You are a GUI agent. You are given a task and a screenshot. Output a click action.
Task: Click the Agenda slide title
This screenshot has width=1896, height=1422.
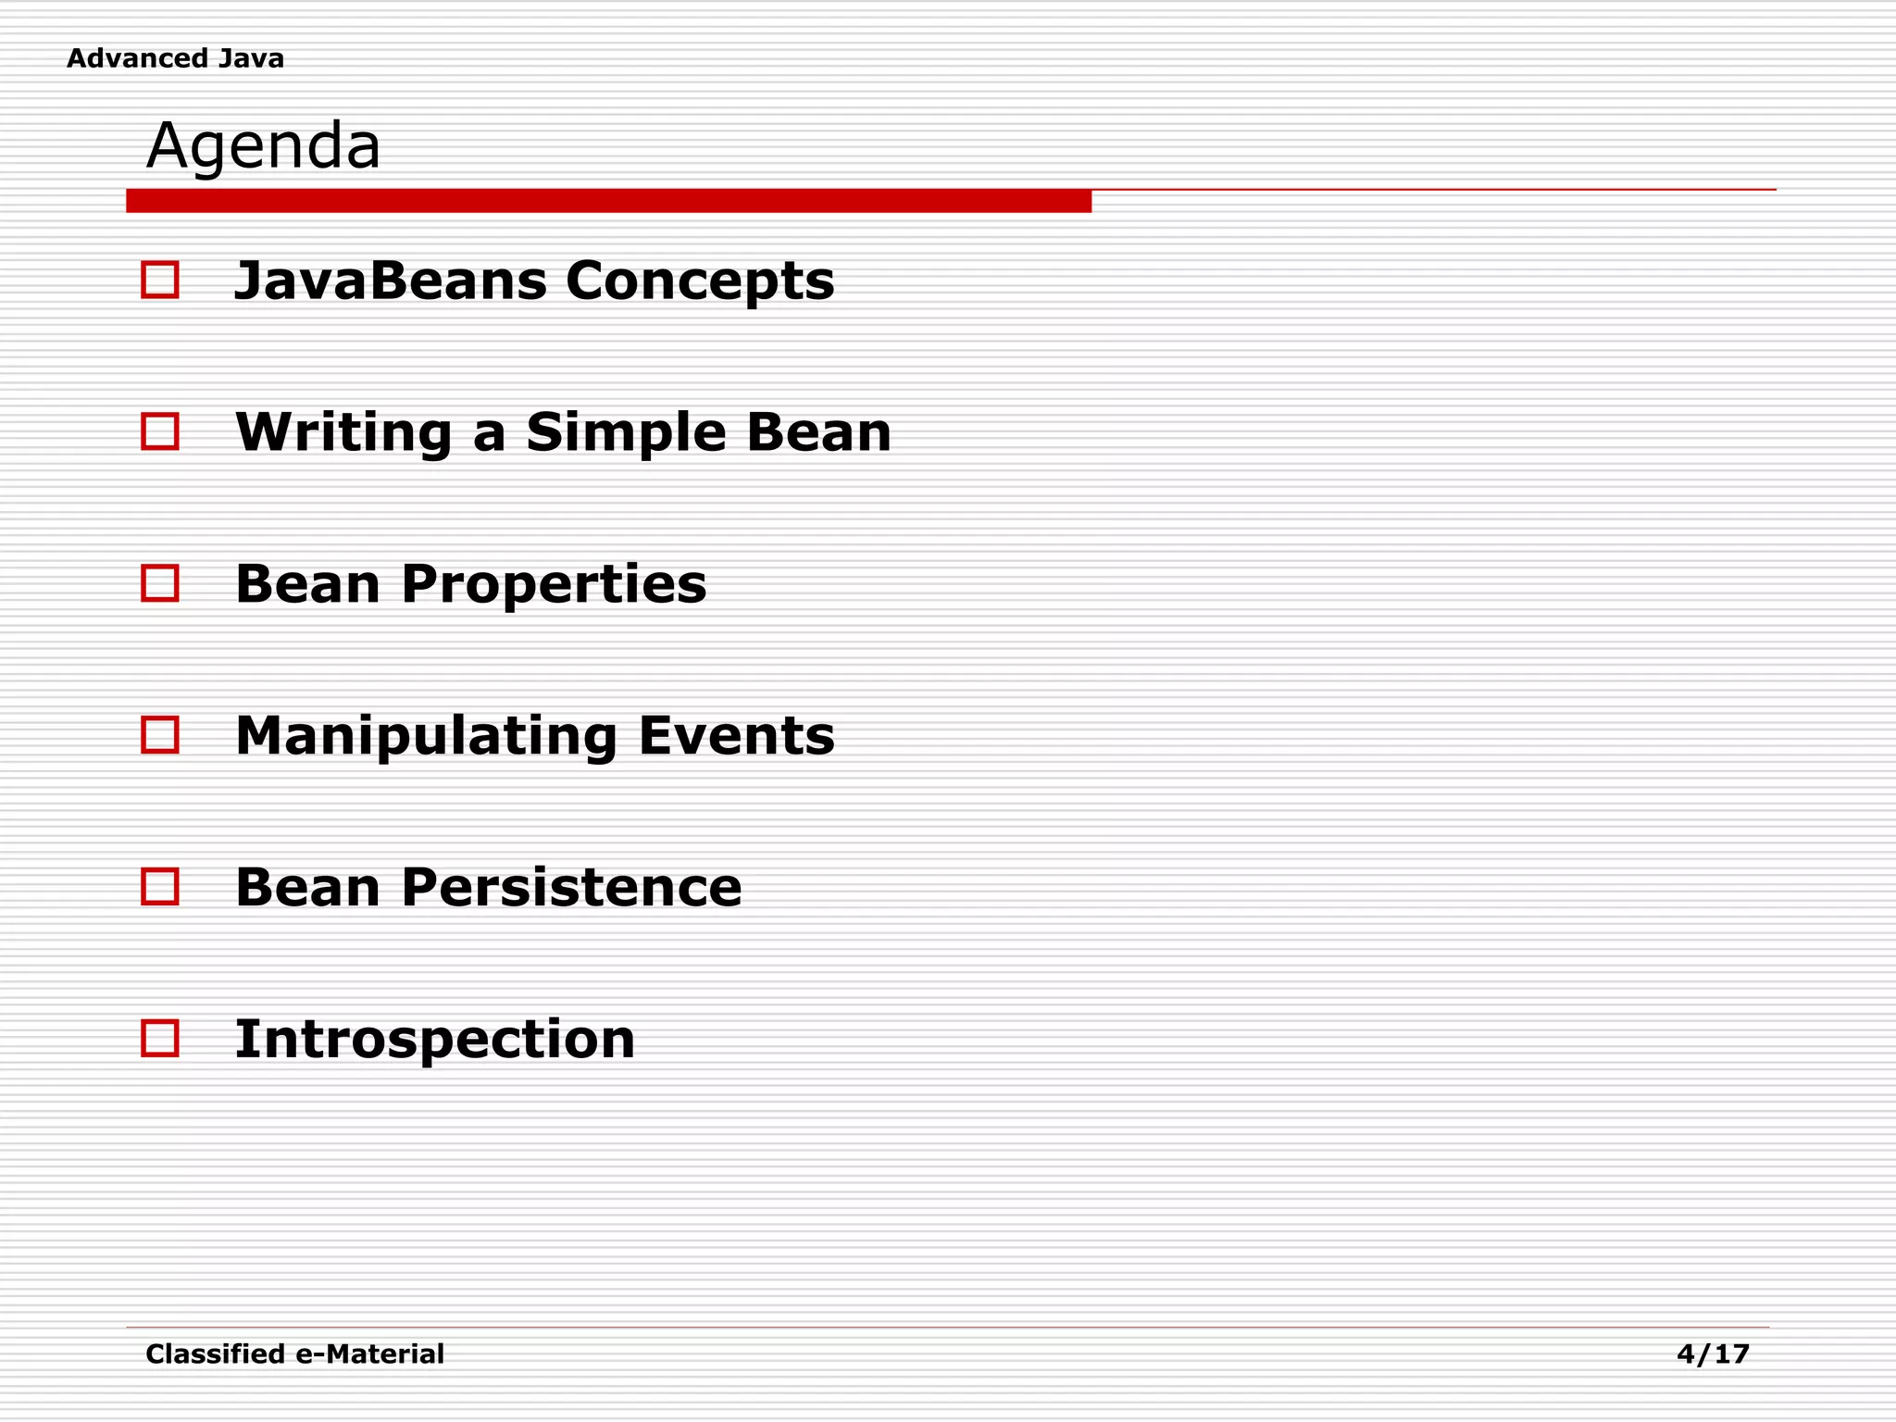263,146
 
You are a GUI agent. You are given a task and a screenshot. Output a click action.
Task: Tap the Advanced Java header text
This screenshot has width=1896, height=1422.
175,58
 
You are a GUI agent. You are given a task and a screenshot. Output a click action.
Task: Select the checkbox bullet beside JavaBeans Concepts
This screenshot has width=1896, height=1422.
160,280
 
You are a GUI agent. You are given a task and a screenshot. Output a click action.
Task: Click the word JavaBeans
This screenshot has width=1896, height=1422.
390,281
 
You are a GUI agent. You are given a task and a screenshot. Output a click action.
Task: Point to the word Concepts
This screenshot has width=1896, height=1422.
700,282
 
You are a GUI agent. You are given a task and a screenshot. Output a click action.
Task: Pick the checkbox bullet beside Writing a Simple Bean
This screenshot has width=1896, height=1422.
160,431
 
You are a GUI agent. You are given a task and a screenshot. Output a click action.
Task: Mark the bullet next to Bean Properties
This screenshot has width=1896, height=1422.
160,583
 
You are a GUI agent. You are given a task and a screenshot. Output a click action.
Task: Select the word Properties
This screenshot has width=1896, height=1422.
554,585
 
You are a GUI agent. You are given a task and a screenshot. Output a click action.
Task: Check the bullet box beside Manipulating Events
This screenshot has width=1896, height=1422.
160,735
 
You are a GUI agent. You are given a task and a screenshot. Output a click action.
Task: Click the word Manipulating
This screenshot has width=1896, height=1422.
426,737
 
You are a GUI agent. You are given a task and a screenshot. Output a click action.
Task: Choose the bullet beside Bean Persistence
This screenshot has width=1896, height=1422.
160,887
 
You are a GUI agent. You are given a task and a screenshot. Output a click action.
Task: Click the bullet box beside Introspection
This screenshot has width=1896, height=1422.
160,1039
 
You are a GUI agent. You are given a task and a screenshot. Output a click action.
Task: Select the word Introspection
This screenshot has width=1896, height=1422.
435,1040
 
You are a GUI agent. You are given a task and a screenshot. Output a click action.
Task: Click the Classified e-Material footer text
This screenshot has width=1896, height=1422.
294,1354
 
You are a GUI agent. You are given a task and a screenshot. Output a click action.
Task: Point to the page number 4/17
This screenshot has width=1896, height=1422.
1713,1354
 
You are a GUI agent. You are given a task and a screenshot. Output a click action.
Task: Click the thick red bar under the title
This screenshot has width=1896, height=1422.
608,201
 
